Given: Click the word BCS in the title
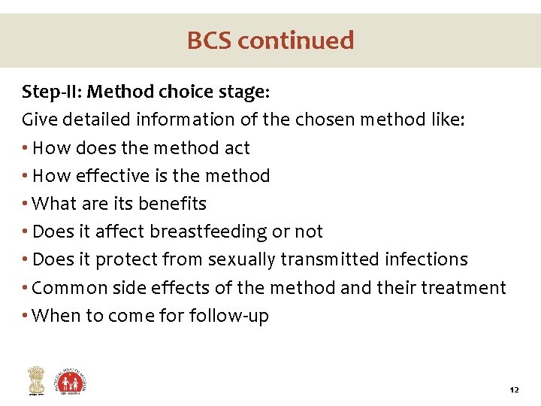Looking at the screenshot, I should click(x=210, y=40).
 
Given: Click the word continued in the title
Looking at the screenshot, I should click(x=297, y=40).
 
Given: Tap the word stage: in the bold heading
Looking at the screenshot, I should click(x=241, y=92).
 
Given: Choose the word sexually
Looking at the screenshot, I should click(x=241, y=259).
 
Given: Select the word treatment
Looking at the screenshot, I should click(x=467, y=288).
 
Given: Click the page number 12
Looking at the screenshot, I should click(x=514, y=390).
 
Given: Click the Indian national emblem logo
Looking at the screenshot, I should click(x=35, y=380).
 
